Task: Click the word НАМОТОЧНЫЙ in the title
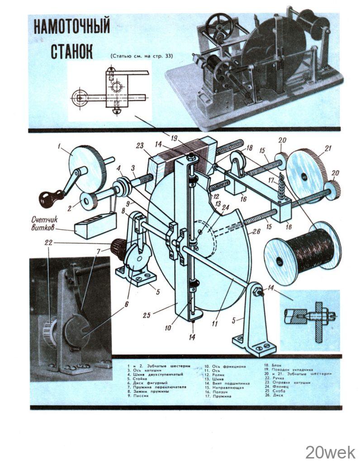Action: pyautogui.click(x=71, y=28)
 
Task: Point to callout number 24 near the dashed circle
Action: pyautogui.click(x=226, y=207)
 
